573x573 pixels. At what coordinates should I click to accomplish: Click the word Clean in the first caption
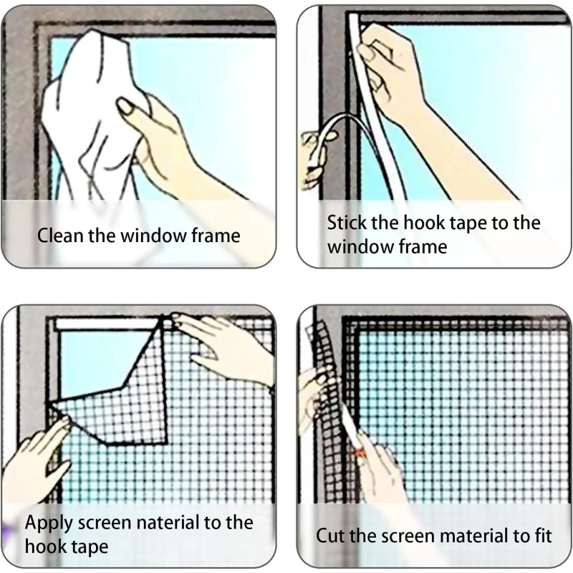point(60,235)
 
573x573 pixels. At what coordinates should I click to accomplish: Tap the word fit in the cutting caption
point(543,536)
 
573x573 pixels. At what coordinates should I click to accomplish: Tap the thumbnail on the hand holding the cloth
point(125,107)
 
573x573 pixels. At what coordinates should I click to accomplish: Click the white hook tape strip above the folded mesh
point(106,324)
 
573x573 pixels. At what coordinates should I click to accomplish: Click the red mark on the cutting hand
point(360,453)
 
